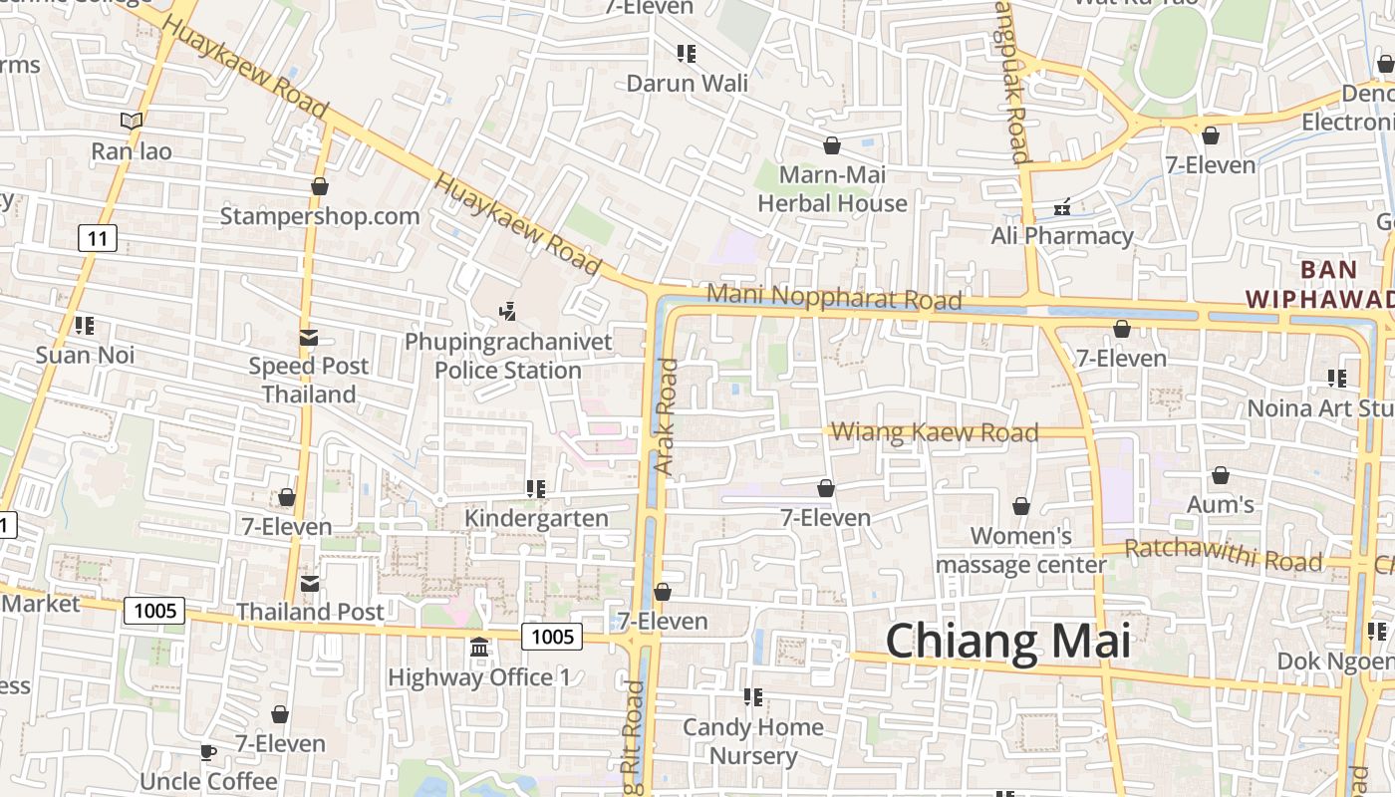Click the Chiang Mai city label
click(1007, 641)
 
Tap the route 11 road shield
click(97, 238)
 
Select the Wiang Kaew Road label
click(935, 432)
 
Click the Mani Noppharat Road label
click(834, 297)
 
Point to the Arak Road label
click(665, 416)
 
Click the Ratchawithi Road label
click(1223, 555)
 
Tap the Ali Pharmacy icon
click(1062, 208)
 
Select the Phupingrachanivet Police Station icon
click(507, 312)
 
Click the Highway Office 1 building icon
click(478, 648)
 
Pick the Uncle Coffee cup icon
click(207, 752)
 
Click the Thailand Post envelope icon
click(310, 583)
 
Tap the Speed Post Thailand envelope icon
click(309, 338)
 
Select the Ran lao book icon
click(132, 122)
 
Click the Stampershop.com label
click(319, 216)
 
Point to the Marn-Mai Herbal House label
click(832, 189)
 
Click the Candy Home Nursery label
click(752, 741)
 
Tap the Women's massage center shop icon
click(1020, 507)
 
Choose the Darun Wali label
click(687, 83)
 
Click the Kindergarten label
click(536, 518)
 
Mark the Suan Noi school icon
click(85, 326)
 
